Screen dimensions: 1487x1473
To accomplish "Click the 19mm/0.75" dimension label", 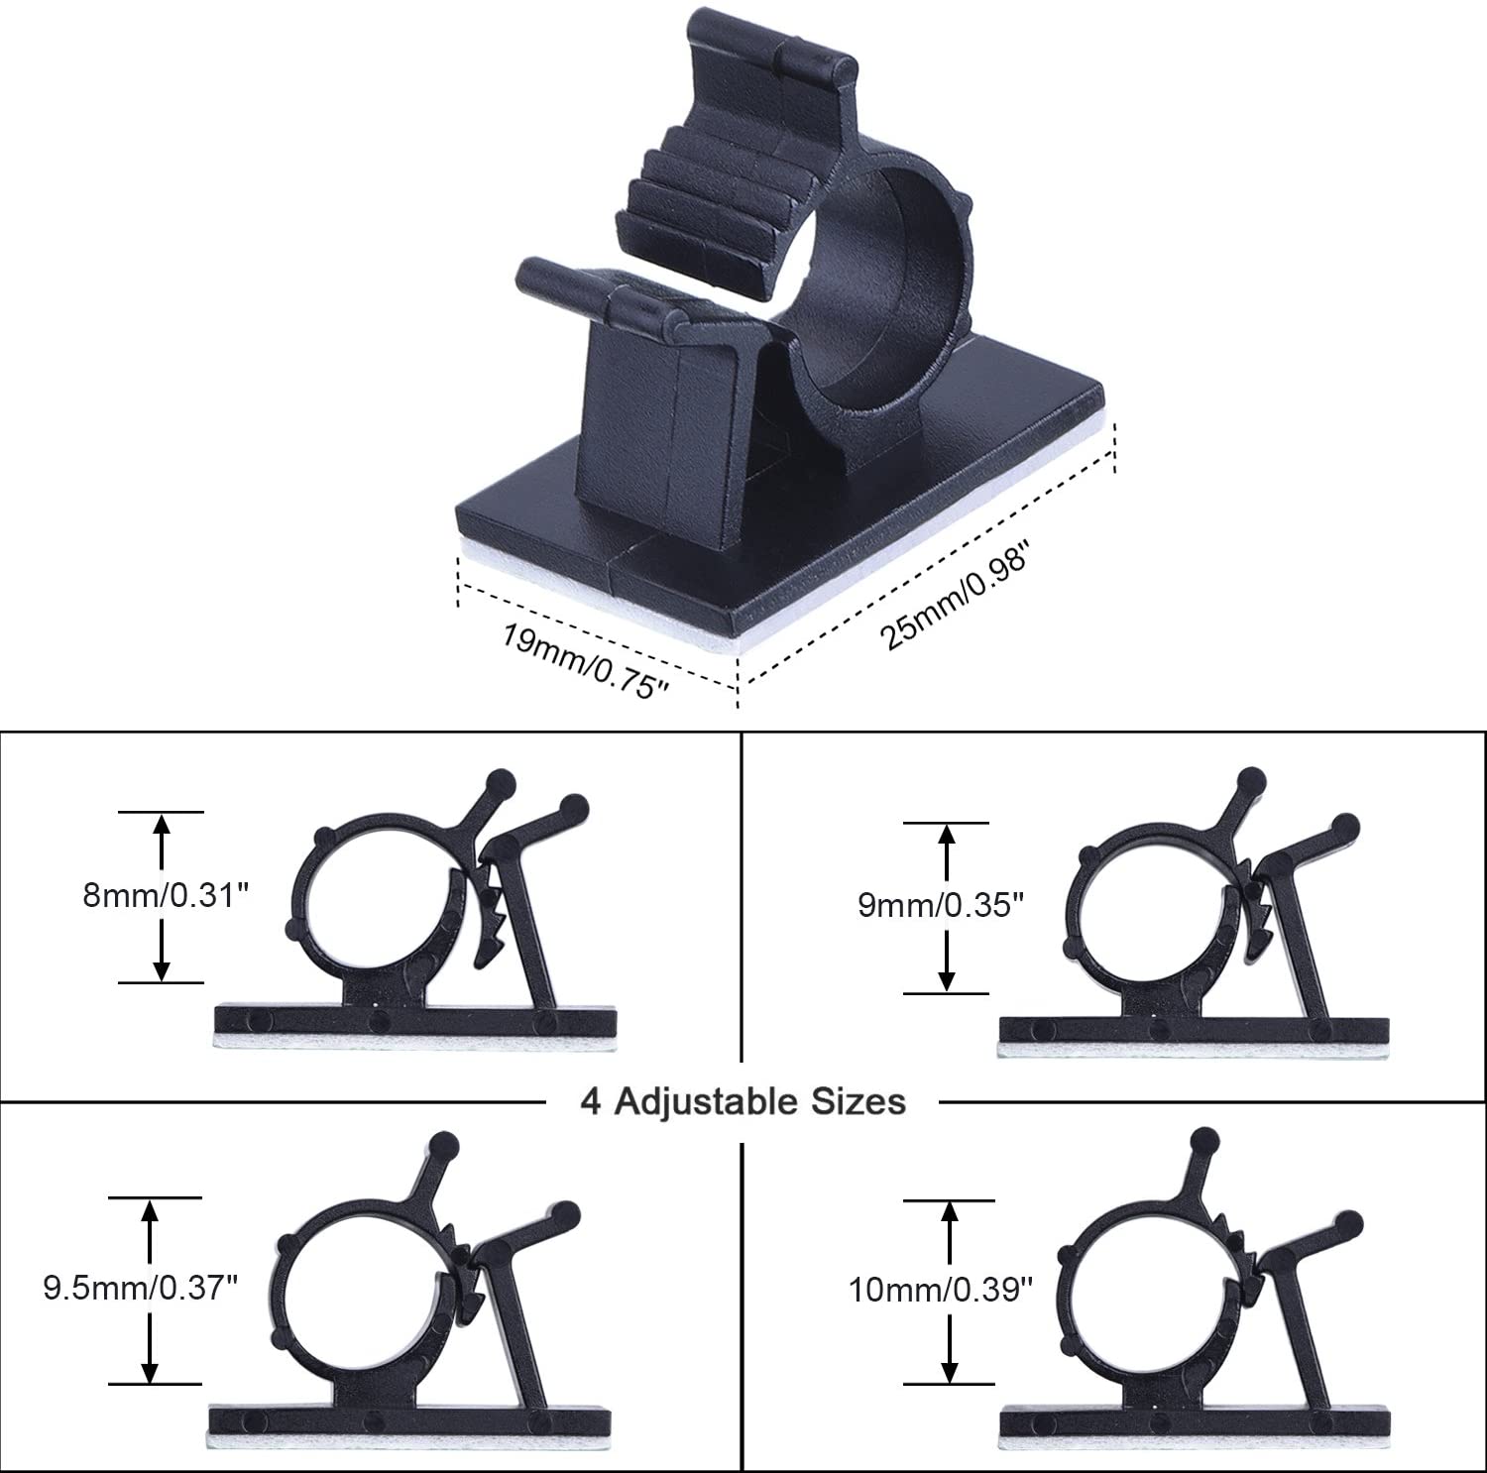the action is (x=580, y=660).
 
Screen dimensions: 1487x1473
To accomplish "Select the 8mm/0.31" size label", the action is (x=163, y=896).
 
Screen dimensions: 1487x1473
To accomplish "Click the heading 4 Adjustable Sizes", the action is (x=743, y=1101).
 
